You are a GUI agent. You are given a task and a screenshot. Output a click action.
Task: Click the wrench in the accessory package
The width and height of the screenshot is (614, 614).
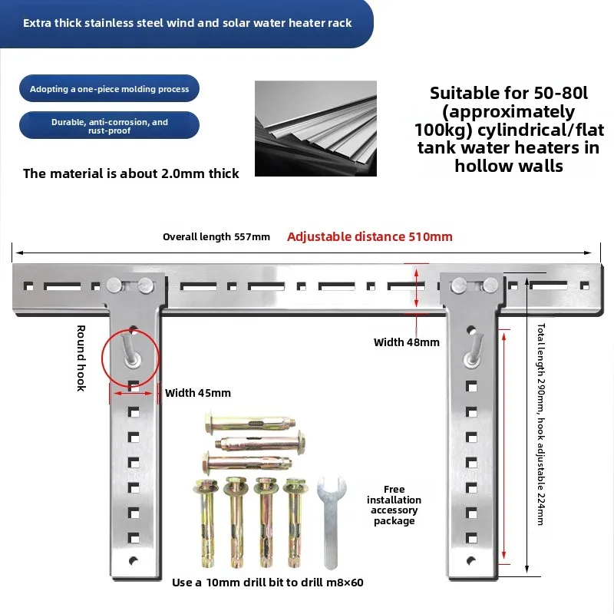tap(331, 523)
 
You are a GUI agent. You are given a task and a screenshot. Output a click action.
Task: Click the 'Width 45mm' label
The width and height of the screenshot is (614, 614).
tap(198, 393)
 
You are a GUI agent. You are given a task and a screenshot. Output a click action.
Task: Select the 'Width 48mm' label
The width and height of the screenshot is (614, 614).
tap(407, 342)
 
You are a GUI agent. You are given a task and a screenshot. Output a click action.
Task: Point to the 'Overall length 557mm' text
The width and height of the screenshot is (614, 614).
tap(216, 237)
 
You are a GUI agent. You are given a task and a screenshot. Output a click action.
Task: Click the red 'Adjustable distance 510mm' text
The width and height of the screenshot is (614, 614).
tap(370, 236)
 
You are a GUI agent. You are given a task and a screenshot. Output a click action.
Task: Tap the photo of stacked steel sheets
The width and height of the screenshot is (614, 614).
tap(315, 128)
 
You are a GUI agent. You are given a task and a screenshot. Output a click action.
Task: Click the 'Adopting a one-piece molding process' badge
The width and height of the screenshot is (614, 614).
tap(109, 88)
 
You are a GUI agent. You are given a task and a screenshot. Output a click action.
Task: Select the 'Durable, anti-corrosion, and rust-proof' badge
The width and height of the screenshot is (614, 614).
tap(109, 125)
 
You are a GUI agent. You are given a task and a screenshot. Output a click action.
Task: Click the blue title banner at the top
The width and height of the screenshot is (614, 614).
tap(187, 24)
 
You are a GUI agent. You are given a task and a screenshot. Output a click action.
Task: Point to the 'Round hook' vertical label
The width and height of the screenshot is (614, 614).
tap(81, 358)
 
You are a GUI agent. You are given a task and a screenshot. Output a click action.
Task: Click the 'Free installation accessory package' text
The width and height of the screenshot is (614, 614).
tap(394, 505)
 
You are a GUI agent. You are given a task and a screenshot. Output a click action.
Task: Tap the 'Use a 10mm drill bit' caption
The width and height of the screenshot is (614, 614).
tap(267, 583)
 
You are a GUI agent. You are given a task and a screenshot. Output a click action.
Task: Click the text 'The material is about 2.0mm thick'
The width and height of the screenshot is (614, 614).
tap(130, 173)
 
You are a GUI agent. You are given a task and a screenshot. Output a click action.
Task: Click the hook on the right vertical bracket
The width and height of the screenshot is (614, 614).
tap(473, 350)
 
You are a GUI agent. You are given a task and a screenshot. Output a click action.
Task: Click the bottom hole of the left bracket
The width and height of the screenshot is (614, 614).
tap(134, 561)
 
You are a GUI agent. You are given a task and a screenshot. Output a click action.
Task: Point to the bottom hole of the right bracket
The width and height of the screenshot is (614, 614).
tap(471, 561)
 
